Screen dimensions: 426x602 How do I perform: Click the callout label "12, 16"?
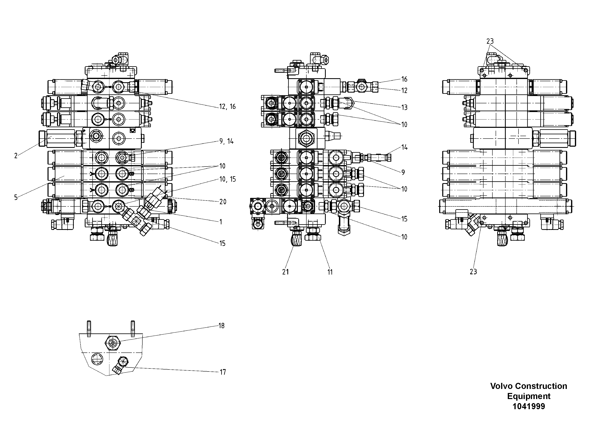(x=227, y=107)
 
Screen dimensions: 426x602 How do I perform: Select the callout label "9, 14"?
(x=226, y=142)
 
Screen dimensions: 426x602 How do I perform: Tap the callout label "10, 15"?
(x=227, y=179)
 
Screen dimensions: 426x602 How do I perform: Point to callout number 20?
(x=223, y=202)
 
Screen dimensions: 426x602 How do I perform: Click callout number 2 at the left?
(x=16, y=156)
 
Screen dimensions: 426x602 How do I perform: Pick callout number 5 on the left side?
(x=16, y=198)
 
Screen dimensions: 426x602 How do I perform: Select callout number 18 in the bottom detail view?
(x=222, y=326)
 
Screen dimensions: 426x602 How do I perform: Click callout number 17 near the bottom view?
(x=223, y=372)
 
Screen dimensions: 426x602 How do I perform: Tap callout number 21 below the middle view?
(x=286, y=272)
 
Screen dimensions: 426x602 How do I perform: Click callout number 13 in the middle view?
(x=404, y=107)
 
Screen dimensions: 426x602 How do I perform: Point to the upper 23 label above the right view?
(x=490, y=41)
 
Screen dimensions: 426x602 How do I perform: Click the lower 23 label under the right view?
(x=473, y=272)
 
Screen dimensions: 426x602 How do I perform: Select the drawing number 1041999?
(x=529, y=407)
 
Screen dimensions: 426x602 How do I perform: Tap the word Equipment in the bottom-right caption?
(x=529, y=396)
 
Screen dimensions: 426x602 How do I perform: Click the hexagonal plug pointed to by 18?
(x=113, y=343)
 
